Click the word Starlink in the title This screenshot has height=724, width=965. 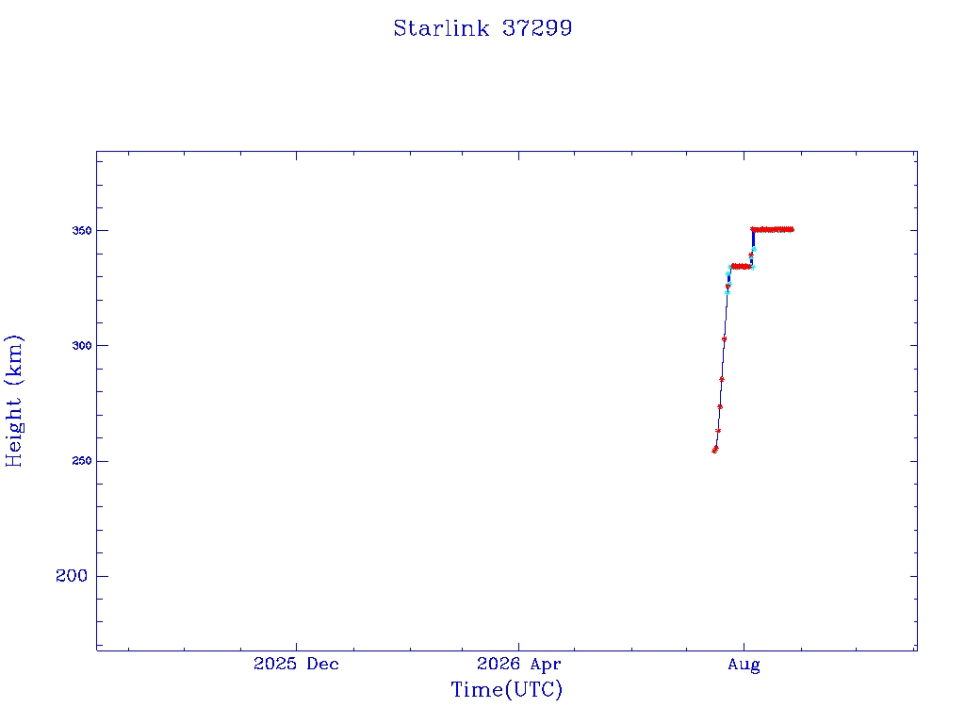(x=441, y=28)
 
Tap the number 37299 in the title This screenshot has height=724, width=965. (x=537, y=28)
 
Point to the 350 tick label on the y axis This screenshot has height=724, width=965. (x=82, y=231)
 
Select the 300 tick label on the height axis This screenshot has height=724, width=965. (x=82, y=346)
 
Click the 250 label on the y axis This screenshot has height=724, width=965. (x=82, y=461)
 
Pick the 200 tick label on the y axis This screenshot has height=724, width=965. (x=72, y=576)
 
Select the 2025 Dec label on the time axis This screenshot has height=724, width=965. (x=296, y=665)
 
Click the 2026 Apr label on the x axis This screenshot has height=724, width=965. (x=519, y=665)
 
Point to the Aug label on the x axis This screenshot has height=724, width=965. (x=744, y=665)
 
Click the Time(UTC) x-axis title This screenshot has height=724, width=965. (x=507, y=690)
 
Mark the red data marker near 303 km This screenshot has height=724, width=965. (x=725, y=339)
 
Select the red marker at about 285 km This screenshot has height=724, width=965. (x=722, y=379)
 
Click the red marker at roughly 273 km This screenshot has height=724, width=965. (x=720, y=407)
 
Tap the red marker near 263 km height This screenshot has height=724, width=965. (x=718, y=431)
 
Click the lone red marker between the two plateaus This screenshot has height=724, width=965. (x=750, y=255)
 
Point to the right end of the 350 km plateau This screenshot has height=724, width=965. (x=793, y=230)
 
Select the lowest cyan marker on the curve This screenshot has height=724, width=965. (x=728, y=293)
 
